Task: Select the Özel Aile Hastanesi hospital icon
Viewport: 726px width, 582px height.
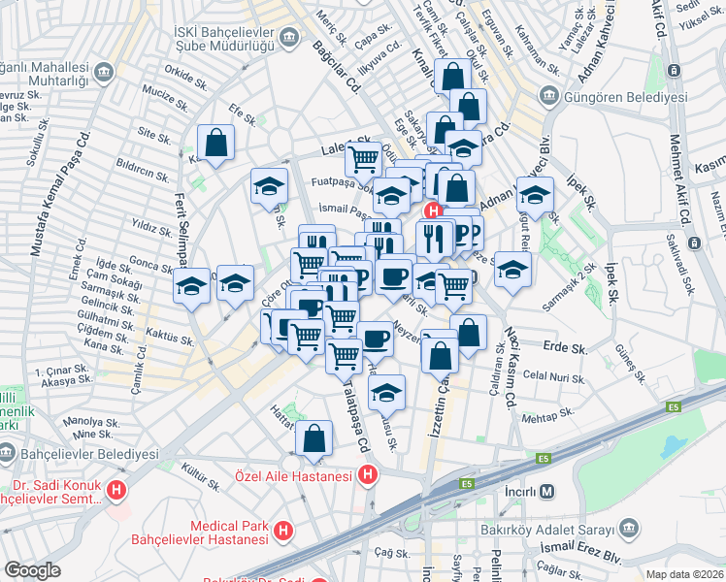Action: tap(368, 475)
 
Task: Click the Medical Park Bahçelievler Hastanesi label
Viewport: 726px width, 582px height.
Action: tap(228, 532)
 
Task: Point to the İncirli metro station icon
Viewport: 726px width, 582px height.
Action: tap(548, 491)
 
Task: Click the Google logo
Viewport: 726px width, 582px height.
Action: tap(33, 570)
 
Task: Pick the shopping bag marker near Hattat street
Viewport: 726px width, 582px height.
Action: tap(314, 438)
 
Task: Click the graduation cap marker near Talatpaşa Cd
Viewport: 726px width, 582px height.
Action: tap(386, 393)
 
